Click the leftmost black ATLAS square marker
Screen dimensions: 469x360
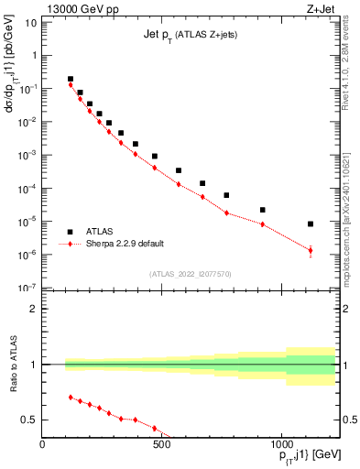pos(71,79)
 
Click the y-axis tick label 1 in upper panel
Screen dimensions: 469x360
pos(34,55)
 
